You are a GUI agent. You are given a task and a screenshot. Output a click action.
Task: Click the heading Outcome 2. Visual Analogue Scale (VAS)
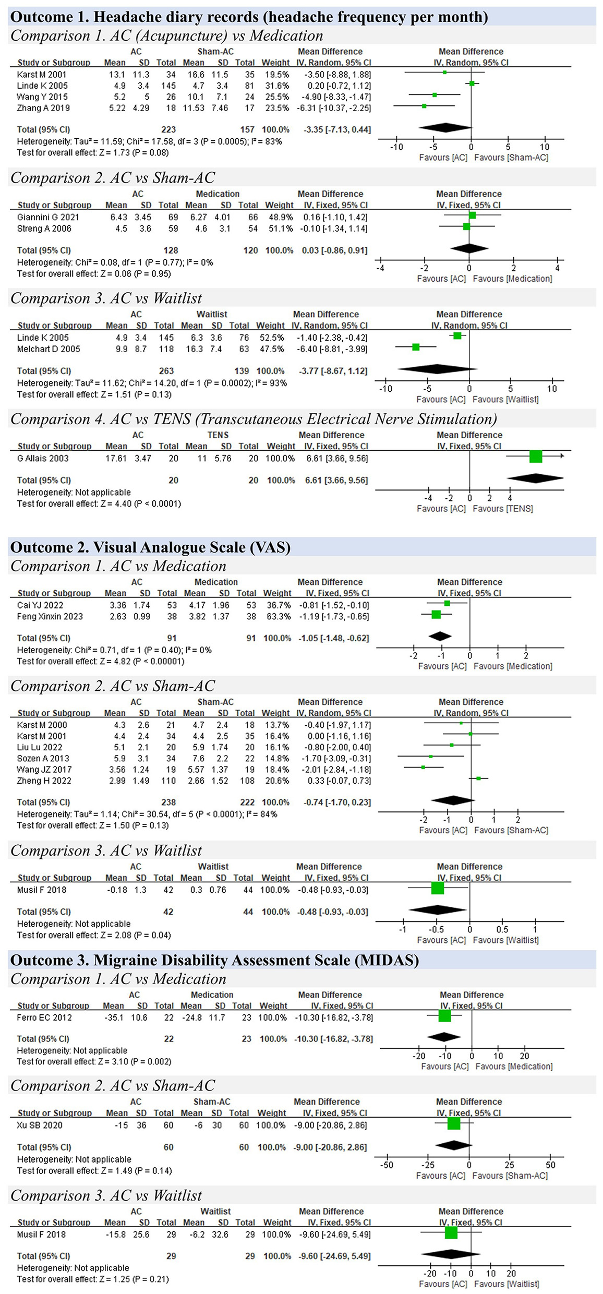(x=150, y=547)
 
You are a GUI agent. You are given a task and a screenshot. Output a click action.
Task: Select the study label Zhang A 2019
(x=43, y=108)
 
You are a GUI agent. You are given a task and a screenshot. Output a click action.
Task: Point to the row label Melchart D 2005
(x=49, y=349)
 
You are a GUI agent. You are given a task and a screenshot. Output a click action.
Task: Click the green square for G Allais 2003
(x=535, y=457)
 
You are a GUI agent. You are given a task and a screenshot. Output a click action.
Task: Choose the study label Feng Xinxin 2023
(x=50, y=616)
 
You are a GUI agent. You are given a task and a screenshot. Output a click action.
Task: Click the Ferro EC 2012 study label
(x=44, y=1017)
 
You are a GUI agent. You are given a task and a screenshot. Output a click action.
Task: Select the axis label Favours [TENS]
(x=503, y=509)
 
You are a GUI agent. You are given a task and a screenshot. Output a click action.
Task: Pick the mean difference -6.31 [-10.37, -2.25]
(x=337, y=108)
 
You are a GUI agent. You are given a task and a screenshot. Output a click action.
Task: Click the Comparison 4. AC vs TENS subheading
(x=253, y=419)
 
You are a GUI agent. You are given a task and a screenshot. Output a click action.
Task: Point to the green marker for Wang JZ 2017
(x=423, y=767)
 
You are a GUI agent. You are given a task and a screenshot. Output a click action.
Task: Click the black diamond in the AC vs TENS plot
(x=535, y=478)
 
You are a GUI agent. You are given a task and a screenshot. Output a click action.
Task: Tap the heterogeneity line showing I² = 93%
(x=152, y=383)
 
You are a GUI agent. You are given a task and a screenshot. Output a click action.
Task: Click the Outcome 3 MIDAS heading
(x=214, y=961)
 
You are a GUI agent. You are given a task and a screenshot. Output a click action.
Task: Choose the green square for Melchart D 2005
(x=416, y=347)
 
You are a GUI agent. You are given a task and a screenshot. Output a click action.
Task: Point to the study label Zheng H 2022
(x=44, y=781)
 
